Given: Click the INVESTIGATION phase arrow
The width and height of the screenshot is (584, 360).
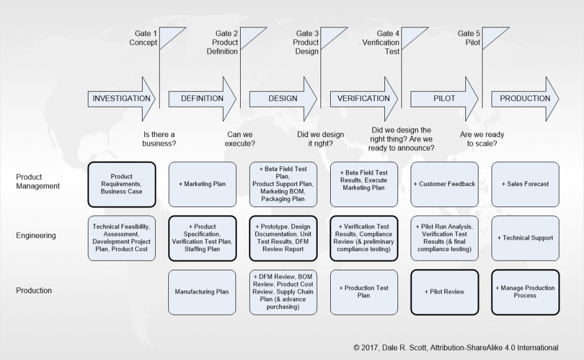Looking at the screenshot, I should (x=121, y=98).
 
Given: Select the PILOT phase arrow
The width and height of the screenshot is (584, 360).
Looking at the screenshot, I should (x=444, y=98).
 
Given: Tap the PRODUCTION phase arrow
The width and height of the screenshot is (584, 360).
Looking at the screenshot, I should (x=525, y=98).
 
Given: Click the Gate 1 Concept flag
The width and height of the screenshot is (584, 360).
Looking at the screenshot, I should (x=171, y=38).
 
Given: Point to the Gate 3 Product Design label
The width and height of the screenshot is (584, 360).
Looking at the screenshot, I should (x=306, y=43).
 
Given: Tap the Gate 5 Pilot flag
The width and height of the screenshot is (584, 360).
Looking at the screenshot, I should (x=494, y=38).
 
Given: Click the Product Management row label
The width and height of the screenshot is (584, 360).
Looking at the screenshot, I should (x=37, y=181).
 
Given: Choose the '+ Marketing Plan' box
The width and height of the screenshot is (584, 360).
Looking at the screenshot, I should (x=202, y=184).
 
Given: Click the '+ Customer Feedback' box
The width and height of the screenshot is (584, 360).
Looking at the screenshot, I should (x=444, y=184).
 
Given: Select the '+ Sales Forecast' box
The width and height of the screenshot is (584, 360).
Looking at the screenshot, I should (x=525, y=184).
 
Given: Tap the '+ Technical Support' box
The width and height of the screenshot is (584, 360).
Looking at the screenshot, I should (x=525, y=238).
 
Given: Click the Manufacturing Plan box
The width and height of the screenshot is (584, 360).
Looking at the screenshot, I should (x=202, y=292).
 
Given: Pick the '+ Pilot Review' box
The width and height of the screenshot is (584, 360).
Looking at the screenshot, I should (x=444, y=292).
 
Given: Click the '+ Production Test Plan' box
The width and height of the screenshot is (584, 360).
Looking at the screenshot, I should (x=364, y=292).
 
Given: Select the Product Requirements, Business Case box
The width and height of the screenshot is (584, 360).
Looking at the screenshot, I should (x=121, y=184).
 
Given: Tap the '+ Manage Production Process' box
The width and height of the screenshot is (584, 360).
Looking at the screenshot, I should (x=525, y=292).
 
